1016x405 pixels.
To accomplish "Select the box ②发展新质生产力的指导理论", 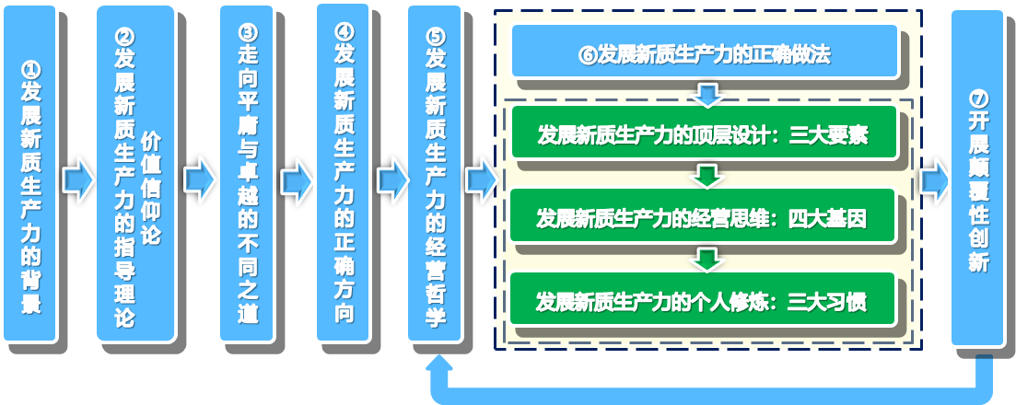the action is click(135, 174).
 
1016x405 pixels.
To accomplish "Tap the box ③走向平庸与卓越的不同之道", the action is click(247, 174).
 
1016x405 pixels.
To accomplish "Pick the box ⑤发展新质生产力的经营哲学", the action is click(434, 174).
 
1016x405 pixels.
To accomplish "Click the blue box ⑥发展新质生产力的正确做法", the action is click(705, 52).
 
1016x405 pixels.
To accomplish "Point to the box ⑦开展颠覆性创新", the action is click(976, 179).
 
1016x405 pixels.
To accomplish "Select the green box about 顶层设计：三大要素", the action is click(704, 133).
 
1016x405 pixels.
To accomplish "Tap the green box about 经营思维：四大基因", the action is click(703, 215).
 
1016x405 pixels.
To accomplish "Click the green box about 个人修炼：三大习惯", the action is click(703, 299).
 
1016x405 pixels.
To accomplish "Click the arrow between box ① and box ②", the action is click(77, 179).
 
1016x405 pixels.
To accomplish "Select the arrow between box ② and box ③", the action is click(198, 179).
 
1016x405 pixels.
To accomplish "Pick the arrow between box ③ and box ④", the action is click(296, 179).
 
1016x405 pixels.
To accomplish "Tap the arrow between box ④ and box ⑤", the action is click(391, 179).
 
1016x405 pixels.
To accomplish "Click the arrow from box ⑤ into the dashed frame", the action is click(480, 179).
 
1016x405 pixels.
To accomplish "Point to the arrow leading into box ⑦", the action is click(934, 179).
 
